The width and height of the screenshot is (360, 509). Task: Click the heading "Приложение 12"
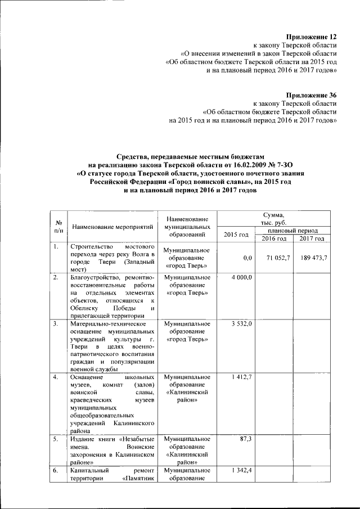point(311,37)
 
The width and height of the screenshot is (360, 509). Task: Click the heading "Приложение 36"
point(311,96)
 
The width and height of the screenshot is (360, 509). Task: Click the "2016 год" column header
point(274,238)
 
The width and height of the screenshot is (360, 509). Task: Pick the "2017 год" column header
point(312,238)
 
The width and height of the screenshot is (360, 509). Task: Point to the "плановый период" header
point(293,231)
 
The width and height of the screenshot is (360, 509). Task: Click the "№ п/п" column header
point(58,227)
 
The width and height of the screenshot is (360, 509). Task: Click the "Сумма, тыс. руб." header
point(273,219)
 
